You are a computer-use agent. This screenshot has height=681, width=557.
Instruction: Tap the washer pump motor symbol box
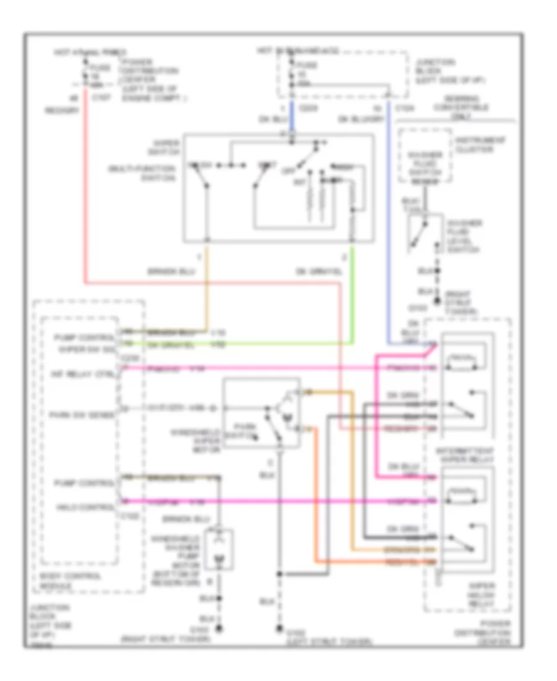coord(217,548)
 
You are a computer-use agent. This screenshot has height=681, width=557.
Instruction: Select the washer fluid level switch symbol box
coord(425,233)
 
